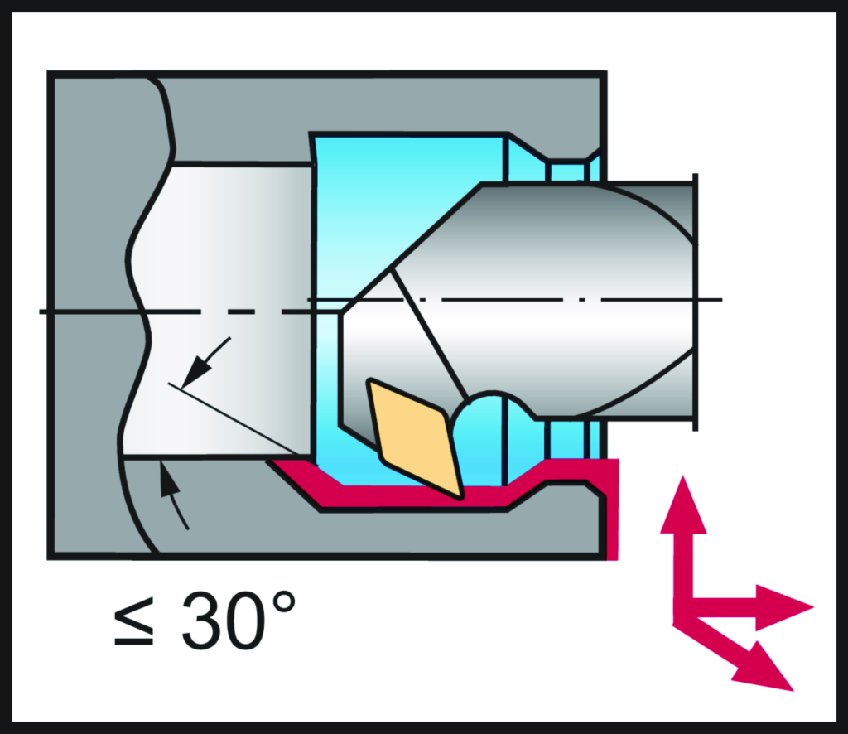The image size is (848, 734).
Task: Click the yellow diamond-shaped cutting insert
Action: pyautogui.click(x=416, y=438)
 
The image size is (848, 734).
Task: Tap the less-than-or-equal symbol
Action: pyautogui.click(x=134, y=621)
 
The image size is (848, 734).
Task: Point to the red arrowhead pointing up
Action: pyautogui.click(x=683, y=505)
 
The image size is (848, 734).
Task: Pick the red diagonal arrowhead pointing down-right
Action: pyautogui.click(x=765, y=668)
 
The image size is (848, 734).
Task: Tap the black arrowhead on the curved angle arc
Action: pyautogui.click(x=169, y=479)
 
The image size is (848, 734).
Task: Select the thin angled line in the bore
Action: pyautogui.click(x=234, y=419)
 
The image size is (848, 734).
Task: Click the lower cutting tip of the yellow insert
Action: pyautogui.click(x=460, y=496)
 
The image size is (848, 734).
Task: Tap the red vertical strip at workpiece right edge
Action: pyautogui.click(x=612, y=509)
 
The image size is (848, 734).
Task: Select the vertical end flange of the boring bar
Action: pyautogui.click(x=696, y=302)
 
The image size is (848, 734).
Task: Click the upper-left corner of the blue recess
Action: pyautogui.click(x=311, y=133)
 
